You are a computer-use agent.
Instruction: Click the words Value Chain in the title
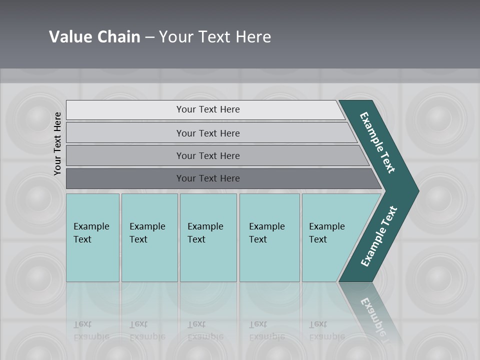point(94,36)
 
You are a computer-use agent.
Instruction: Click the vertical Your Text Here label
point(57,143)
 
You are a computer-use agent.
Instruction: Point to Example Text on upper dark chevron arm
point(377,142)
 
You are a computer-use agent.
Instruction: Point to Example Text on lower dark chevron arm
point(379,236)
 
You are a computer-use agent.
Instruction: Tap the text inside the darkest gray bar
point(208,178)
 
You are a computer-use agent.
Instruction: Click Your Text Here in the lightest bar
point(208,109)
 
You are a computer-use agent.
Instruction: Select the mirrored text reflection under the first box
point(91,330)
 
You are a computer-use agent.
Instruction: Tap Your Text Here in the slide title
point(215,36)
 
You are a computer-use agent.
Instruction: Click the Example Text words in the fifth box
point(326,232)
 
